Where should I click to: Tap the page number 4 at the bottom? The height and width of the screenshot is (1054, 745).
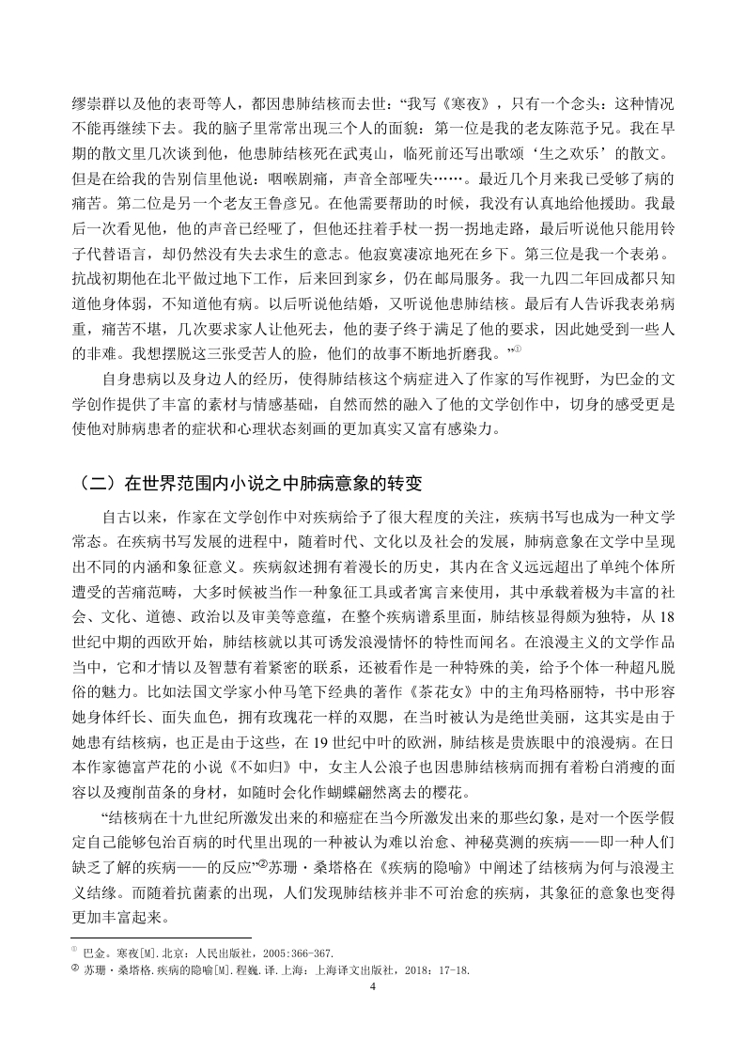pos(373,987)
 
